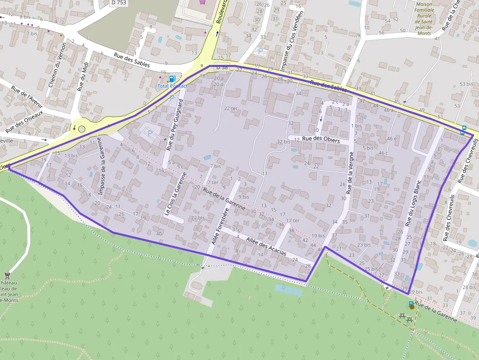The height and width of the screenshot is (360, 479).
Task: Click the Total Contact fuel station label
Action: pos(172,86)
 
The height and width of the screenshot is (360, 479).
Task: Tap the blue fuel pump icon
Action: pos(172,79)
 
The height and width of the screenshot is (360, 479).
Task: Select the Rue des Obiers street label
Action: pos(321,139)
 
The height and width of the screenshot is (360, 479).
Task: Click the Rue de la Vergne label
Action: pos(350,172)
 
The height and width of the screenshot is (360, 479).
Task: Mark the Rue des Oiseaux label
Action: pos(25,122)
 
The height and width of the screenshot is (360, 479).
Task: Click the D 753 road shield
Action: pos(118,2)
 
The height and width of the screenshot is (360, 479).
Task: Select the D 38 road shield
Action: pos(222,67)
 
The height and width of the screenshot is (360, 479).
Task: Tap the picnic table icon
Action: pos(406,318)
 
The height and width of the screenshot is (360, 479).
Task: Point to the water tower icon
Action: pos(7,275)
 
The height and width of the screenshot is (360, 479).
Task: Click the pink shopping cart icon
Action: pos(202,2)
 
